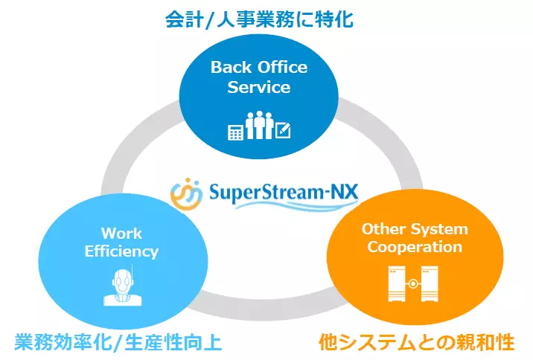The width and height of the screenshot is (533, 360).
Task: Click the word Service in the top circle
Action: (x=258, y=87)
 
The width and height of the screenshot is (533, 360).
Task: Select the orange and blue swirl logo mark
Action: (x=185, y=194)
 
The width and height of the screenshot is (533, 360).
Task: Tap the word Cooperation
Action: (x=415, y=247)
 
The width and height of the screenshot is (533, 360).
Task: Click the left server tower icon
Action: (x=396, y=285)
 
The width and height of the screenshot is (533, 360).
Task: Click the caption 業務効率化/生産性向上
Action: (x=118, y=342)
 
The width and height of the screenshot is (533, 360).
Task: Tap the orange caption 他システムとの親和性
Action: (x=416, y=342)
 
